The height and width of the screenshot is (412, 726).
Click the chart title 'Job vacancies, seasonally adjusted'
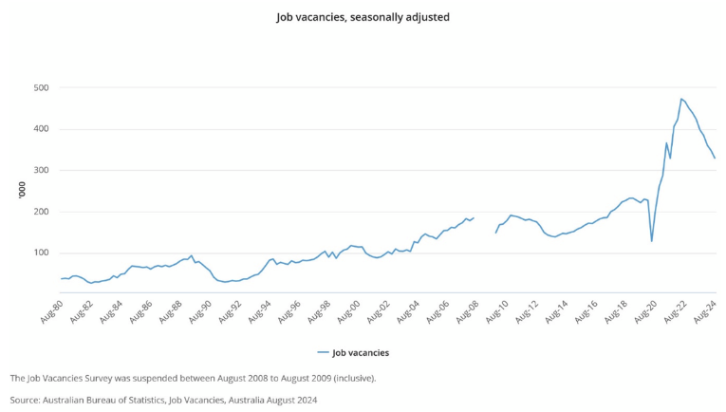tap(363, 16)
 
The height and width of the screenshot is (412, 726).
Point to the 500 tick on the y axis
tap(41, 87)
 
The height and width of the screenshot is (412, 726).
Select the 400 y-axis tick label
tap(41, 129)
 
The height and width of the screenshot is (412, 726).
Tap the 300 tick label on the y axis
tap(41, 170)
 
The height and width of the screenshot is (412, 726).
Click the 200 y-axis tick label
tap(41, 212)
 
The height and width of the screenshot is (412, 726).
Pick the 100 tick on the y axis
tap(41, 253)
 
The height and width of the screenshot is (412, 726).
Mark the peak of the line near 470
tap(681, 99)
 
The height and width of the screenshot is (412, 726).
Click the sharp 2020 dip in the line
tap(651, 240)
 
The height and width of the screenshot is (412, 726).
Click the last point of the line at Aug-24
tap(715, 158)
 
